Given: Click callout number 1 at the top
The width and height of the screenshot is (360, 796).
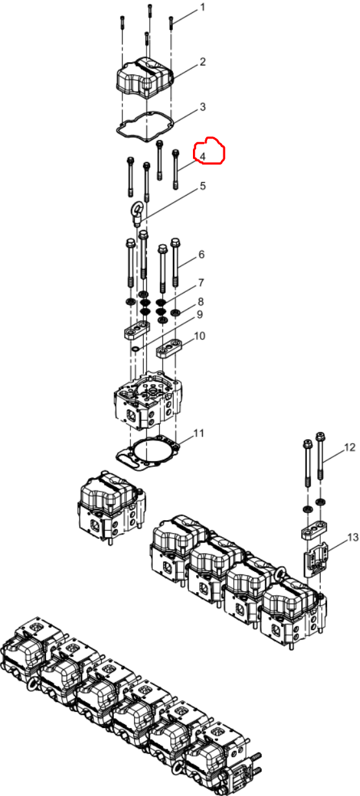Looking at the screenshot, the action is click(x=203, y=7).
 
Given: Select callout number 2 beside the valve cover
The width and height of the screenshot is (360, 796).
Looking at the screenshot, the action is click(x=203, y=62).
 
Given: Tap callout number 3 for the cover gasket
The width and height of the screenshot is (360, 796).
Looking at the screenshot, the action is click(x=203, y=107).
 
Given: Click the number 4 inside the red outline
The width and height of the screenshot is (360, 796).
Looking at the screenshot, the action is click(x=203, y=156).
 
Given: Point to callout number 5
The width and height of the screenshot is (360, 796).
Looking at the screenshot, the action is click(x=203, y=186).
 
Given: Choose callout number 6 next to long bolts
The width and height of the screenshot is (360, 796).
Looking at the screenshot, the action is click(x=201, y=255).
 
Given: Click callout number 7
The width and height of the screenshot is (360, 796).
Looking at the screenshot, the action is click(x=201, y=283).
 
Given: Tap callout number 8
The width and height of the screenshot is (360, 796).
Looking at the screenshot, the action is click(x=201, y=302).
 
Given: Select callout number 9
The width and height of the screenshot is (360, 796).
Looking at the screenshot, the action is click(x=199, y=315).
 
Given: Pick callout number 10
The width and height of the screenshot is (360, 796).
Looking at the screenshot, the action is click(x=199, y=335).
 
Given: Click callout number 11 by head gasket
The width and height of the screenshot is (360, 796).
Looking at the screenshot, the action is click(x=199, y=433).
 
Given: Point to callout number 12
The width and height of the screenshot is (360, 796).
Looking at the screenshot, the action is click(x=350, y=448).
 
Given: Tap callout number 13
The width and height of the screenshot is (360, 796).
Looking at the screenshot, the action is click(x=352, y=538).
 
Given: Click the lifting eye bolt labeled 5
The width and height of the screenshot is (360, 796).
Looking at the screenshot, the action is click(x=137, y=213).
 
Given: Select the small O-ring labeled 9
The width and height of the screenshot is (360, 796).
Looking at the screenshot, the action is click(x=136, y=350).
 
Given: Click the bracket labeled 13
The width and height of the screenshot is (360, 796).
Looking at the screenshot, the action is click(x=316, y=559).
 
